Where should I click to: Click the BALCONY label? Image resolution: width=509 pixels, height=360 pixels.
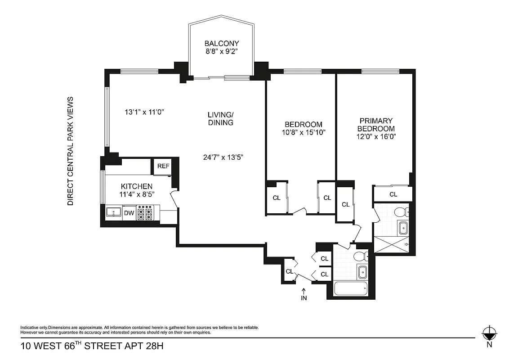pos(222,44)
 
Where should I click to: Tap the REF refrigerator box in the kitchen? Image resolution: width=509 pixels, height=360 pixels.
pos(163,166)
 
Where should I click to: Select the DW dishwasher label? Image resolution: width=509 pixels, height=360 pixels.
pos(129,213)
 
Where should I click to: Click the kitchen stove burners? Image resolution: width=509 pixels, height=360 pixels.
pos(145,213)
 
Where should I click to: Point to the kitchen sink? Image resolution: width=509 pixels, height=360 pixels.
pos(114,212)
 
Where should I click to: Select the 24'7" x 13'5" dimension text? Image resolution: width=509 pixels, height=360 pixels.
pos(223,157)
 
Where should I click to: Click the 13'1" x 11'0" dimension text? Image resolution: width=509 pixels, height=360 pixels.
pos(144,112)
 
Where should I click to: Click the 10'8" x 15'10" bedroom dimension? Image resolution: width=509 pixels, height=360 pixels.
pos(304,133)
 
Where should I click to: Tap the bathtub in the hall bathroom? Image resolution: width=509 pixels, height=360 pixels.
pos(351,289)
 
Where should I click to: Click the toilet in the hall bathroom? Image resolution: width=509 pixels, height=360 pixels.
pos(361,257)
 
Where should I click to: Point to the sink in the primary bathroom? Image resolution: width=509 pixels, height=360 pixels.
pos(403,229)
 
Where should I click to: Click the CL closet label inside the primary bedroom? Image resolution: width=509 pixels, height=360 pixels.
pos(393,194)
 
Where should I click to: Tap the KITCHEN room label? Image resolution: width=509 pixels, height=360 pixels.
pos(137,186)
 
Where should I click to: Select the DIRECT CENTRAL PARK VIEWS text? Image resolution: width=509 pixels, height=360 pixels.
pos(70,151)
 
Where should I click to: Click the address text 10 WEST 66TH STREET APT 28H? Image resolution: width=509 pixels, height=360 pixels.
pos(92,346)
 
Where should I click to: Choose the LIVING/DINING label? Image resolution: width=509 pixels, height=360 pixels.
pos(221,119)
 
